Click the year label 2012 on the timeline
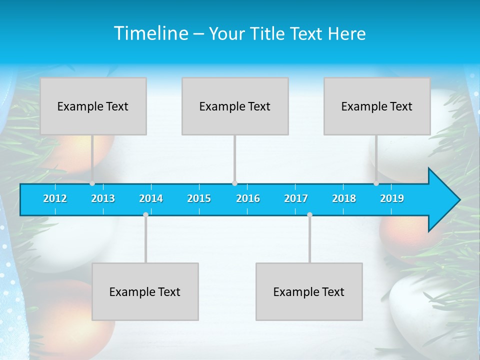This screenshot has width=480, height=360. [x=55, y=198]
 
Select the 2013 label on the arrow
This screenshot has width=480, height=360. [x=103, y=198]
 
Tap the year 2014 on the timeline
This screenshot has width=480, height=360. [x=151, y=198]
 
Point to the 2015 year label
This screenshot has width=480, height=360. [x=199, y=198]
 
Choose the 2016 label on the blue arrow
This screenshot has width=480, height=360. [x=248, y=198]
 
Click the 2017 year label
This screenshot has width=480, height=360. [x=296, y=198]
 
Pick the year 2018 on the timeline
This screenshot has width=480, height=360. [x=344, y=198]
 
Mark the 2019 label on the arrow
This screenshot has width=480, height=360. [x=392, y=198]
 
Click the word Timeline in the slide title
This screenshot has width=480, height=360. [x=150, y=33]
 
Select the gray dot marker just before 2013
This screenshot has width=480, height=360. [x=92, y=183]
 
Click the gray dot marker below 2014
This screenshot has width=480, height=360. [x=145, y=214]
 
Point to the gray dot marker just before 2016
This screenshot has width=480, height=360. [x=234, y=183]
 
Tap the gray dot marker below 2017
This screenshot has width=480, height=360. [x=309, y=214]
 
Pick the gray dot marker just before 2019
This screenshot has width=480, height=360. [x=376, y=183]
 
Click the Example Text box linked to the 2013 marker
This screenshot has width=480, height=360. [x=93, y=106]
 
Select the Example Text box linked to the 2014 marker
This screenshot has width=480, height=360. [x=145, y=291]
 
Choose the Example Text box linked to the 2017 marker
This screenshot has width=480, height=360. [x=309, y=291]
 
